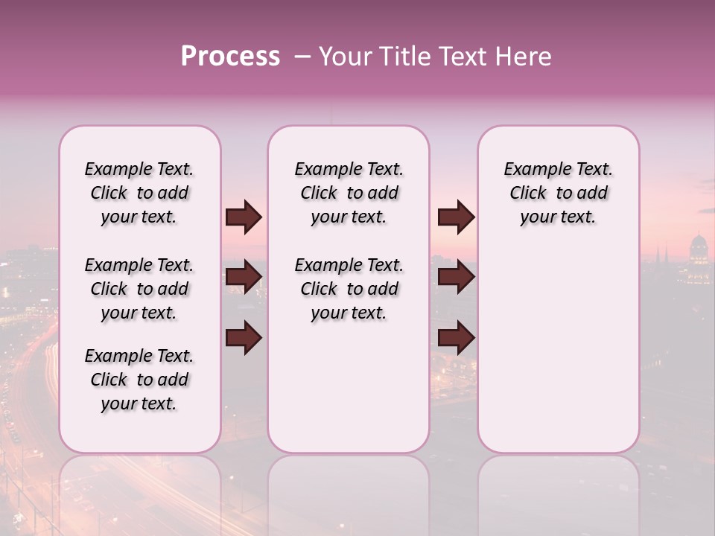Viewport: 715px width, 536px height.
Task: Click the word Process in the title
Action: click(230, 57)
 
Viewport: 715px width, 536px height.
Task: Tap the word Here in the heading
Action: click(524, 57)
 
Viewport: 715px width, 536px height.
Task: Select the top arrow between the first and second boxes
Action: click(244, 217)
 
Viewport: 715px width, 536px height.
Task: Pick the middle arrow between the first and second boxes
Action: click(244, 278)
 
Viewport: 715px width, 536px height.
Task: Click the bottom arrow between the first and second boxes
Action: click(244, 339)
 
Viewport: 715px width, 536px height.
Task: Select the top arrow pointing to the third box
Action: click(456, 217)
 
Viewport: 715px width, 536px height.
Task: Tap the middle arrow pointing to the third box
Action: click(456, 278)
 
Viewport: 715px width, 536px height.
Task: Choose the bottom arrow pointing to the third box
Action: click(456, 339)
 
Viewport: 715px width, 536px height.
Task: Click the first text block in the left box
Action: click(139, 194)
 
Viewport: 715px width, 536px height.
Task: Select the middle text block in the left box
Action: click(139, 289)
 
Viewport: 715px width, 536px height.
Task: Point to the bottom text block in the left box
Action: click(139, 380)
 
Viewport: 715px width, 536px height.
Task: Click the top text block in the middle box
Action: click(349, 194)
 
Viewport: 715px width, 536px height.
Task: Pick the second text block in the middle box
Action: click(349, 289)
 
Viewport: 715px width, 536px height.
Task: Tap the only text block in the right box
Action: click(558, 194)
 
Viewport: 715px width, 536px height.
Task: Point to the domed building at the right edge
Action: click(698, 257)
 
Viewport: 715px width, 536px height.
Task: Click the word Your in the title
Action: click(345, 57)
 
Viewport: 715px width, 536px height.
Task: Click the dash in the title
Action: click(302, 57)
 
